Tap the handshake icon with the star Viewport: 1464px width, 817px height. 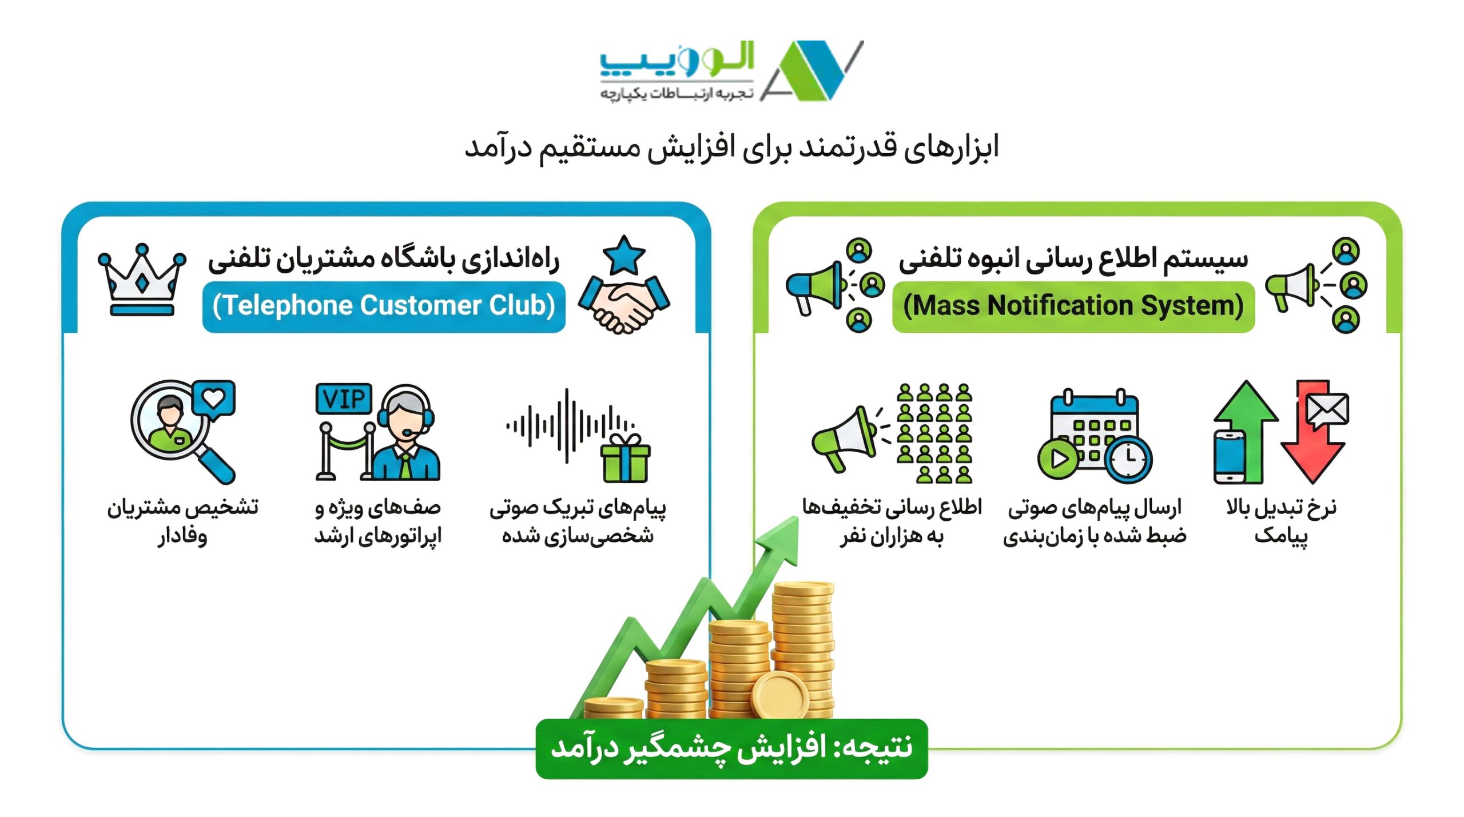click(x=624, y=286)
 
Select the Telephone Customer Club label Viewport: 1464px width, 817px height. click(x=384, y=306)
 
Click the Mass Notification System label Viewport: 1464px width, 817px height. click(x=1073, y=306)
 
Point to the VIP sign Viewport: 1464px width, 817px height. click(x=343, y=398)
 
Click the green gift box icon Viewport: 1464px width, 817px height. click(x=625, y=460)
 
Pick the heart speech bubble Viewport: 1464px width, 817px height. click(x=214, y=398)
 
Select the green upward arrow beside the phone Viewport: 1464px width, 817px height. click(x=1247, y=423)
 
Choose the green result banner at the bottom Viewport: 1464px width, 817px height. click(x=731, y=748)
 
